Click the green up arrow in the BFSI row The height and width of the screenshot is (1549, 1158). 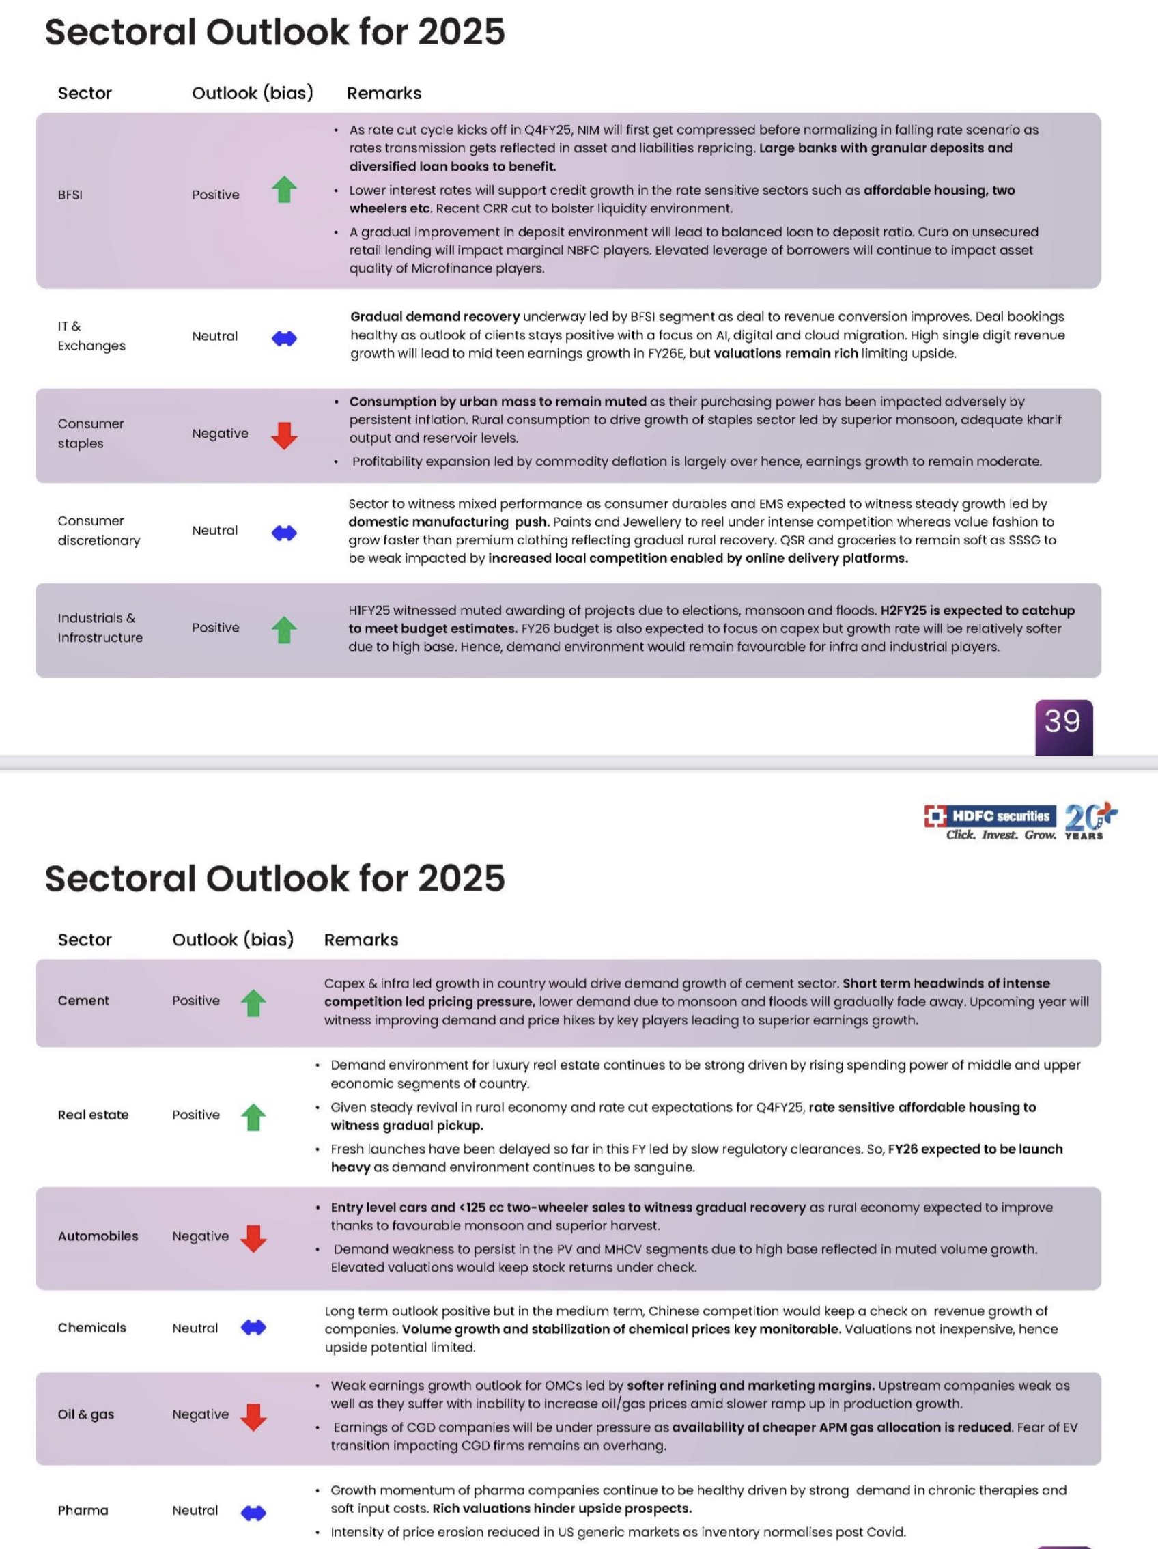(x=284, y=190)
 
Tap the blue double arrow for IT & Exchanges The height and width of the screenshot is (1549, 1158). (x=284, y=339)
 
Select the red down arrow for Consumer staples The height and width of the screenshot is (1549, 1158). (x=284, y=436)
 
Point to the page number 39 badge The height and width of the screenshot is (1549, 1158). (x=1064, y=725)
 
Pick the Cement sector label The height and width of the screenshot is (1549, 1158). (x=83, y=1001)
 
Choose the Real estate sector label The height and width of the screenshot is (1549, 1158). (x=93, y=1115)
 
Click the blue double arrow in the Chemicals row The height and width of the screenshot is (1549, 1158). (x=253, y=1328)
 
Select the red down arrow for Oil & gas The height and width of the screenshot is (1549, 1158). (x=253, y=1417)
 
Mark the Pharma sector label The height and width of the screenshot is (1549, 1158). (x=83, y=1511)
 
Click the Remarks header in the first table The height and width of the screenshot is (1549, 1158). (x=384, y=93)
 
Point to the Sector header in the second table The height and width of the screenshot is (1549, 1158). (x=85, y=940)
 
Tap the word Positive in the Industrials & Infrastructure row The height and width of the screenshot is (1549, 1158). (x=216, y=628)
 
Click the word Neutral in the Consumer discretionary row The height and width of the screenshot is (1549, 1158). (x=215, y=531)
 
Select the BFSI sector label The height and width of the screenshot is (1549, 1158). (x=70, y=195)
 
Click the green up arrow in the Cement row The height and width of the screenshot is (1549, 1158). (x=253, y=1003)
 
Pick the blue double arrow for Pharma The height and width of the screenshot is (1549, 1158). (x=253, y=1513)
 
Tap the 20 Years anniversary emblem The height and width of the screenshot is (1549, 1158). (x=1090, y=820)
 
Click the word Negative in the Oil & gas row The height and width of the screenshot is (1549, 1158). (x=200, y=1414)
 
